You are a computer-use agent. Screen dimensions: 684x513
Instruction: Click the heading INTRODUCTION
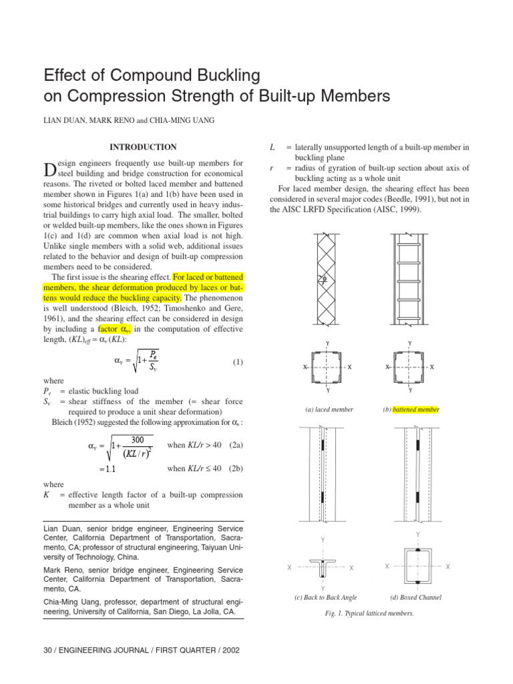click(143, 147)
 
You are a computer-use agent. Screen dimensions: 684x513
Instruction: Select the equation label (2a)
click(236, 446)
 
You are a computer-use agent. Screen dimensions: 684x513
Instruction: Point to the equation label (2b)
click(236, 468)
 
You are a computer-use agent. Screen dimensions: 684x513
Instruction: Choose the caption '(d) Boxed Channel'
click(416, 597)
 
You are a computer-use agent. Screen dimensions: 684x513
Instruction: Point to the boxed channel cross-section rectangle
click(417, 566)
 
